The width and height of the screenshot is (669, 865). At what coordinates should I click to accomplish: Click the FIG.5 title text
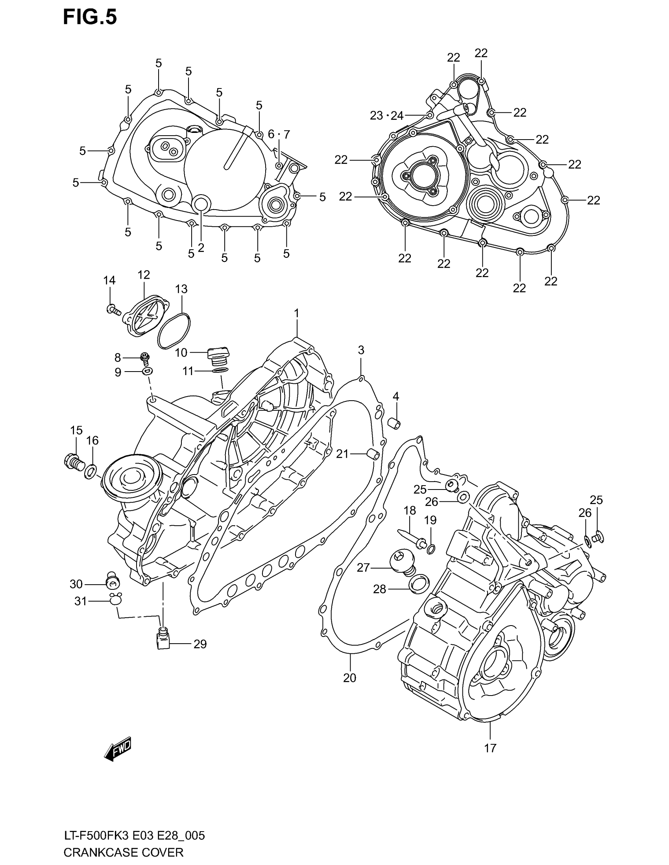[91, 18]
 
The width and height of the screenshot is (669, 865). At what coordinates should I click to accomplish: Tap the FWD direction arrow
[118, 749]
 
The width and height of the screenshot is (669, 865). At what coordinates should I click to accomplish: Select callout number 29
[200, 644]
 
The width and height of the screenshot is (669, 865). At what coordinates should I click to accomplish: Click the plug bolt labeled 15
[74, 462]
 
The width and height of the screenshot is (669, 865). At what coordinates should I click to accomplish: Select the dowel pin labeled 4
[395, 423]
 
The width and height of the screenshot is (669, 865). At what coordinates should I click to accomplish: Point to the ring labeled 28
[420, 585]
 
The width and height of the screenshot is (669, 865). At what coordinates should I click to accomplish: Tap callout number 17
[490, 748]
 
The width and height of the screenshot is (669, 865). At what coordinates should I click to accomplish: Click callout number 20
[349, 678]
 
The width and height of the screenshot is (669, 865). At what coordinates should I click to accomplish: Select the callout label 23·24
[386, 116]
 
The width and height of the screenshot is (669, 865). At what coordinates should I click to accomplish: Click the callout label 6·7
[279, 134]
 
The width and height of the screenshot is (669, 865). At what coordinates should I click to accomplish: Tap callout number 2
[201, 248]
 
